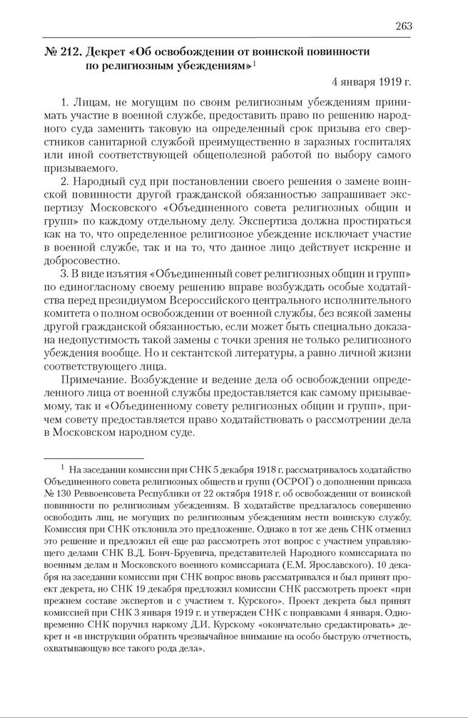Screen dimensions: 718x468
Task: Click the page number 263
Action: [403, 26]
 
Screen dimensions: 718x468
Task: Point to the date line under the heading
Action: [371, 80]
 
